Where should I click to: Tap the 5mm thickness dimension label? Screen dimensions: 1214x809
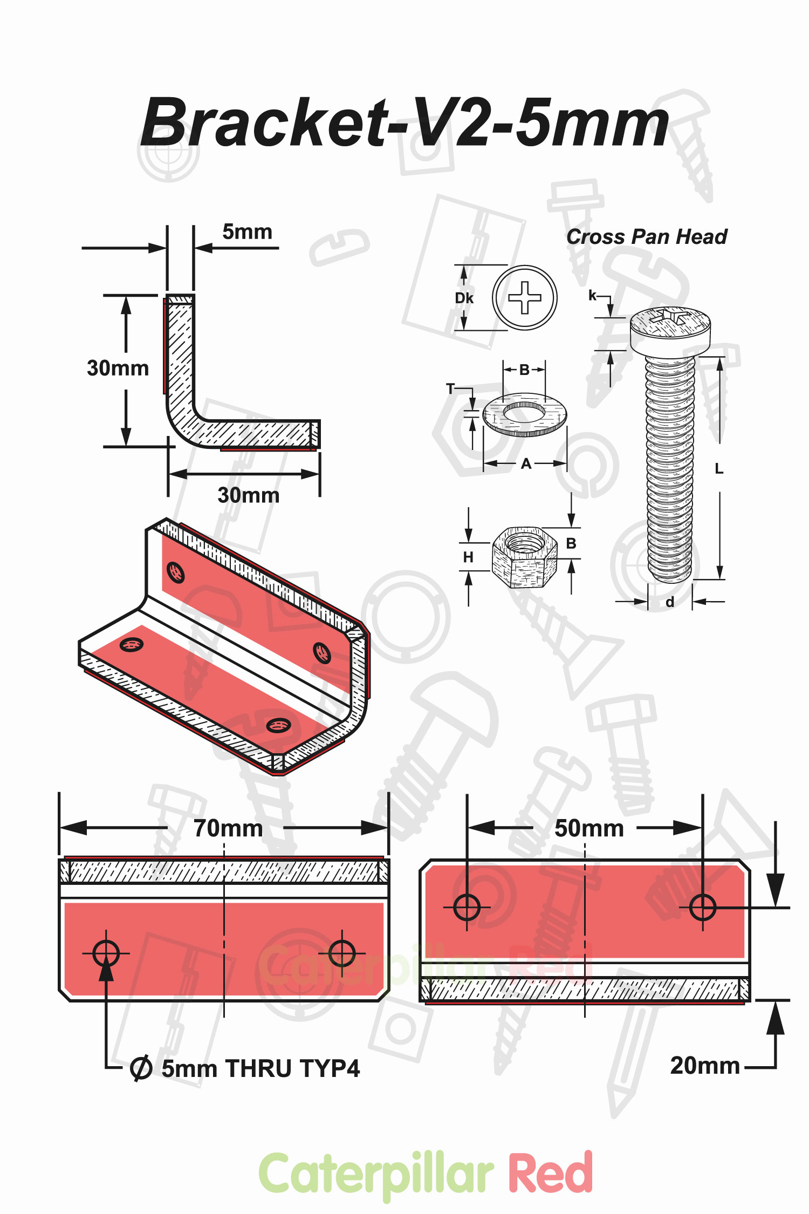[247, 232]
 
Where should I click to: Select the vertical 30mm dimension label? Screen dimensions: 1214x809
[118, 368]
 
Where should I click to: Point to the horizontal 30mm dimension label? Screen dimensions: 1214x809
[248, 495]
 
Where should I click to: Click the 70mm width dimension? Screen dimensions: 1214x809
[228, 828]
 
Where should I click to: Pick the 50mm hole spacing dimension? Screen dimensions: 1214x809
[588, 828]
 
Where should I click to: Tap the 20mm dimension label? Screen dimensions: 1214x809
[704, 1066]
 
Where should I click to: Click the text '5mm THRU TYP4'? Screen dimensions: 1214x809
[260, 1068]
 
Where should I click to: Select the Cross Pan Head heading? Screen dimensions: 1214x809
[646, 237]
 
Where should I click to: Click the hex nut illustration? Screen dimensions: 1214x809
[524, 557]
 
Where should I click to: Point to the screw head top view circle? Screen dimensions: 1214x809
[524, 297]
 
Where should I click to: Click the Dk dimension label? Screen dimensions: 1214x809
[464, 298]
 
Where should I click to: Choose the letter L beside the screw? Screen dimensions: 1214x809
[719, 469]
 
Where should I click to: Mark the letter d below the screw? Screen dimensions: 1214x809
[670, 602]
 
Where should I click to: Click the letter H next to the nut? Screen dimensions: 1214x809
[468, 557]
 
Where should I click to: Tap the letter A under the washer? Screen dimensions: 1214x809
[526, 464]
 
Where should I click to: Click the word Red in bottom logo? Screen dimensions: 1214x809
[550, 1174]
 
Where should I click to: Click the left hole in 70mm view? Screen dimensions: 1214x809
[106, 953]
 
